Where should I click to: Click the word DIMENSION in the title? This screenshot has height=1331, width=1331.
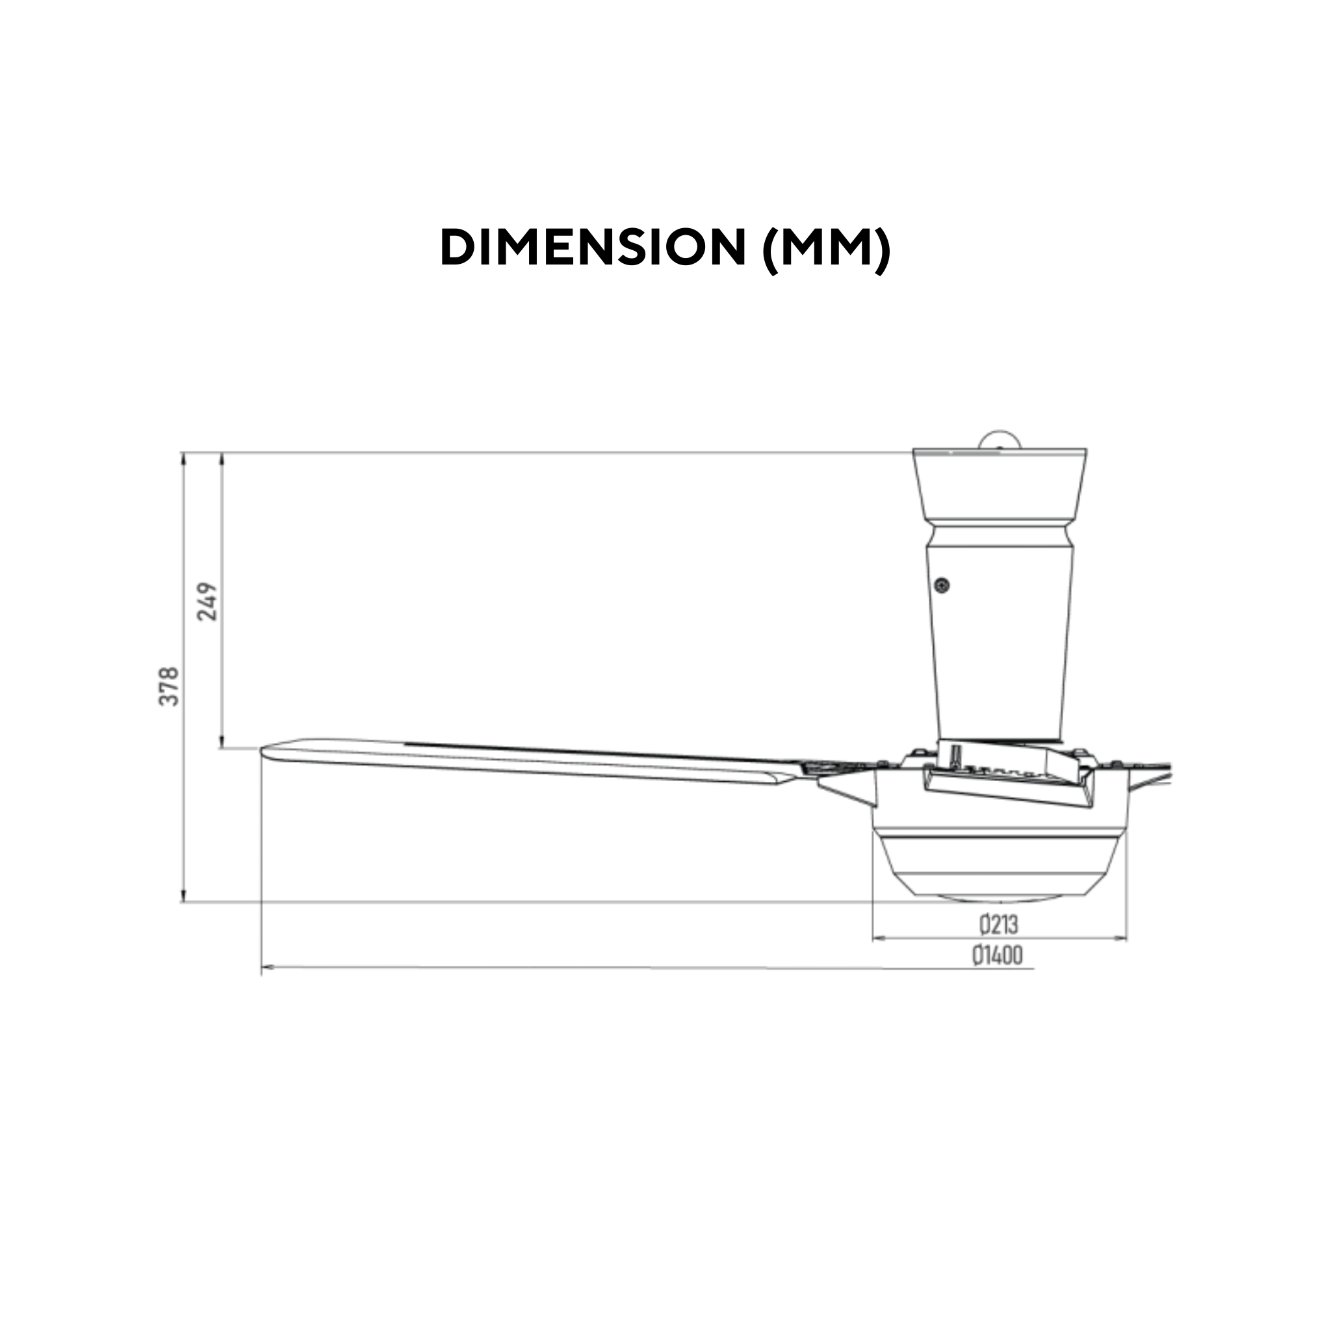click(593, 248)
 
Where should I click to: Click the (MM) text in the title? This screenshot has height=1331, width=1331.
click(827, 248)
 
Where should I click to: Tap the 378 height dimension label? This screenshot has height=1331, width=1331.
click(170, 686)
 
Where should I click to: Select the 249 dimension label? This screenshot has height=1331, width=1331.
click(207, 601)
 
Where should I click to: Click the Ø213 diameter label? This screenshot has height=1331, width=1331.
click(998, 925)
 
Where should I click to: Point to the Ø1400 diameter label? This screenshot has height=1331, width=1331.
click(998, 955)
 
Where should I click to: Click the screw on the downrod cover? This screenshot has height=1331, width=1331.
click(942, 586)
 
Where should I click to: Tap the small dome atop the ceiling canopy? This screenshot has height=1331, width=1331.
click(999, 439)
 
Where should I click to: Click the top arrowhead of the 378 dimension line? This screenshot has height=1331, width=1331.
click(184, 459)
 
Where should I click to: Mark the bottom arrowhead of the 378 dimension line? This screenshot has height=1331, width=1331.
click(184, 896)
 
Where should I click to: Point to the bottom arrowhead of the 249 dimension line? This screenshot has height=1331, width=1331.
click(222, 743)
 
